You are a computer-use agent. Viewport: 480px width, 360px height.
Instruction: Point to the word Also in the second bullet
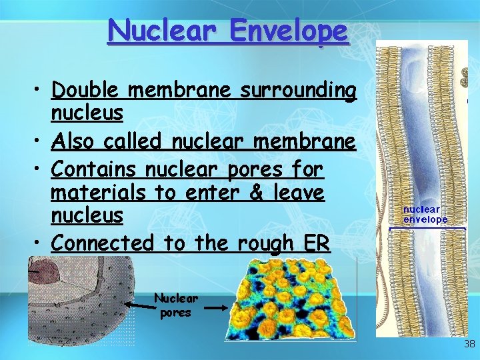[x=74, y=142]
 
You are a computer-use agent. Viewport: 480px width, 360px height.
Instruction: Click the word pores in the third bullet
[x=251, y=171]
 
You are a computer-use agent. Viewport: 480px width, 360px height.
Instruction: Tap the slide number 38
[x=469, y=344]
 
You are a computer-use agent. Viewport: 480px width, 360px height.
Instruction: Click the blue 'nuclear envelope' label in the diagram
[x=425, y=215]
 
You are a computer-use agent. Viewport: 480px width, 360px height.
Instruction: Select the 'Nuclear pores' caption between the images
[x=176, y=305]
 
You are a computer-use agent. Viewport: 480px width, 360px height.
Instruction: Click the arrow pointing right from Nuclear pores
[x=215, y=308]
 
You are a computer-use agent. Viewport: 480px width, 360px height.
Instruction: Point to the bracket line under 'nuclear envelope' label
[x=427, y=229]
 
